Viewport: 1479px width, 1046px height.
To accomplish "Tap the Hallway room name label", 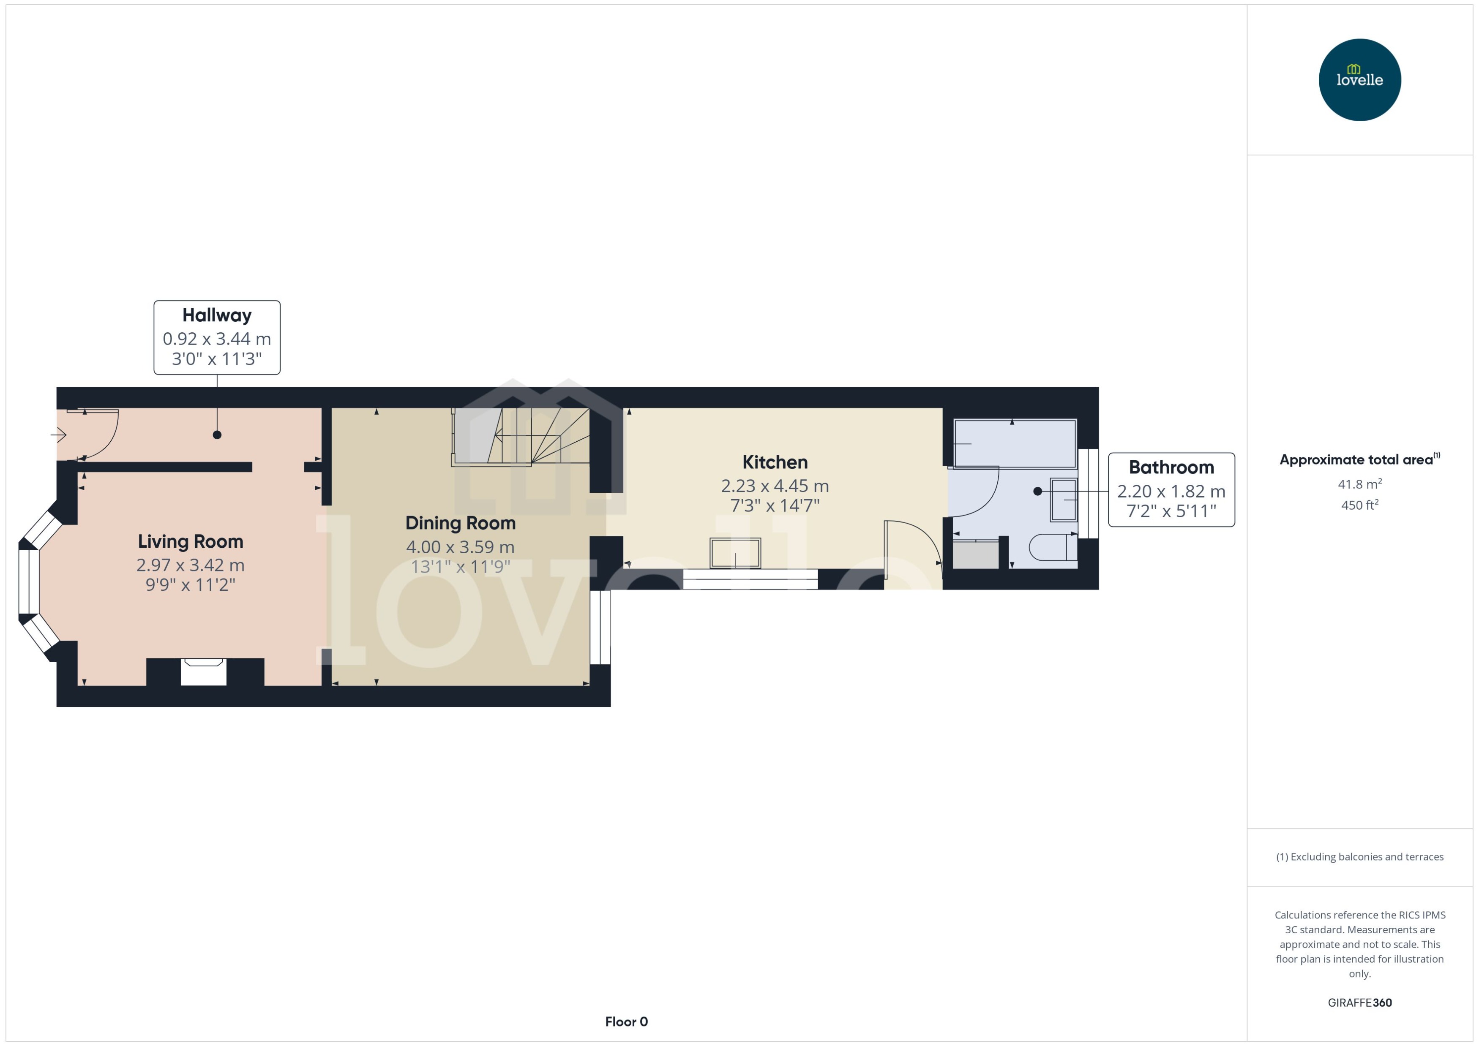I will pos(216,315).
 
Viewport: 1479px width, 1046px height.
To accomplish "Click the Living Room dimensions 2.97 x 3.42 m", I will pos(190,565).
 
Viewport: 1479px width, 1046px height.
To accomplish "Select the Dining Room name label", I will pos(460,523).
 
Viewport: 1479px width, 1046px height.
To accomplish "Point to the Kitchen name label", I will pos(775,462).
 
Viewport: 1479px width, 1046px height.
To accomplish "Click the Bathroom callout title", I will pos(1171,467).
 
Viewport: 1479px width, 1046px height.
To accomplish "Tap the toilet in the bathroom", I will pos(1052,547).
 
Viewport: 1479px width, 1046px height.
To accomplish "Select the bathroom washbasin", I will pos(1063,499).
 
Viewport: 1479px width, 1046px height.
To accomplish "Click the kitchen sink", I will pos(735,553).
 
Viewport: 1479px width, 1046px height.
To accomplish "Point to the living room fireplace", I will pos(204,672).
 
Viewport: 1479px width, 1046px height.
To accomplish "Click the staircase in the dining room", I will pos(521,436).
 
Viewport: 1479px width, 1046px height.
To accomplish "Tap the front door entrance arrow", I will pos(59,435).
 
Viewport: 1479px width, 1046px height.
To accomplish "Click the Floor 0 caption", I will pos(626,1022).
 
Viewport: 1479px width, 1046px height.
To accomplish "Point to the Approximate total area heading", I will pos(1356,459).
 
